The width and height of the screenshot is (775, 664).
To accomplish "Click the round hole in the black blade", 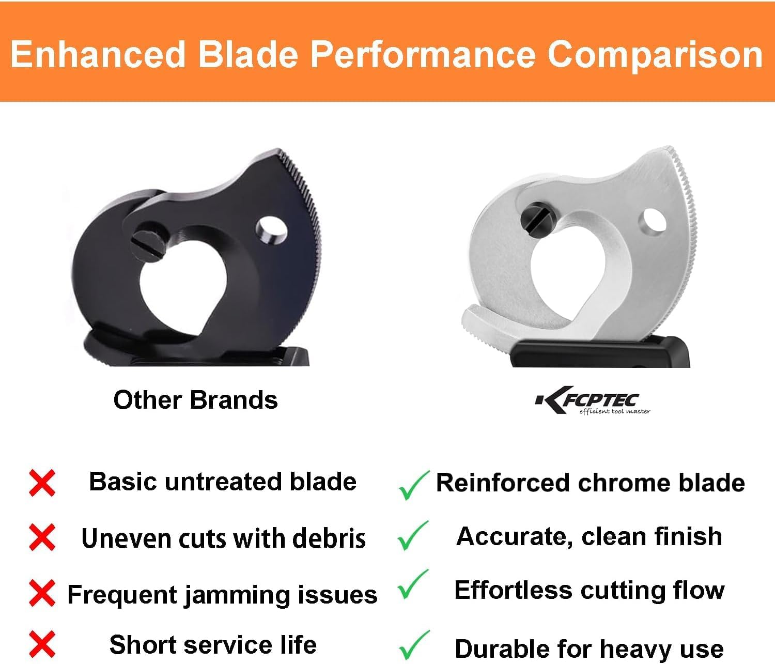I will click(x=272, y=230).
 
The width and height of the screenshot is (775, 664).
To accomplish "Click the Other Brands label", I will click(x=195, y=400).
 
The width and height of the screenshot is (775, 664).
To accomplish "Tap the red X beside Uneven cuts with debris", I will click(x=42, y=538).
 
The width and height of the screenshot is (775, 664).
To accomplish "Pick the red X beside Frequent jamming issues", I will click(x=42, y=593).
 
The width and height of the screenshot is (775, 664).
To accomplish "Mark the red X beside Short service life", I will click(x=42, y=644).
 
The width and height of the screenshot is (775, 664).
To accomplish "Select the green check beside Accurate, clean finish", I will click(x=413, y=535).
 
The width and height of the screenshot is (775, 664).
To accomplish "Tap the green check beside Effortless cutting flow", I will click(x=413, y=584).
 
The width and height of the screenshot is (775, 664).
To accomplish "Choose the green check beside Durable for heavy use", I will click(x=414, y=645).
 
